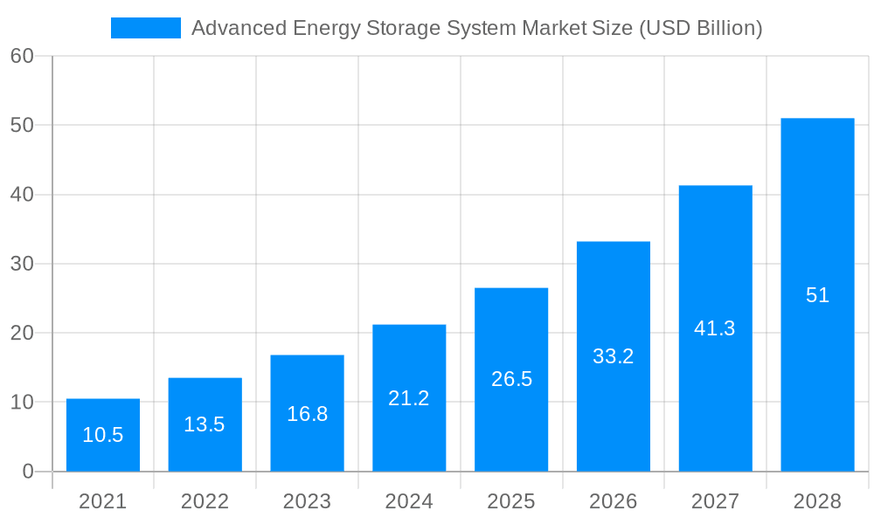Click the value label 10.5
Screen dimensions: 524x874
click(x=103, y=435)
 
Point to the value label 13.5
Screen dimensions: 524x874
click(x=205, y=424)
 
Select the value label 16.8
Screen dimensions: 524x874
click(x=307, y=414)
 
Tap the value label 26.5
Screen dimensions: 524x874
click(x=511, y=379)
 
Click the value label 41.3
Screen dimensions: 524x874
click(x=715, y=328)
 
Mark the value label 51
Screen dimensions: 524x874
click(x=817, y=295)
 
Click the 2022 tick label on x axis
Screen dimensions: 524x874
click(x=205, y=501)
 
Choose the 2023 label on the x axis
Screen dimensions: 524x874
click(x=307, y=501)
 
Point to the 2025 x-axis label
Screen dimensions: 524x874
click(x=511, y=501)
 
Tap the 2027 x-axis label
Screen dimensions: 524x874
click(x=715, y=501)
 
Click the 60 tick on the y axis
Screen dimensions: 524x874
click(x=22, y=56)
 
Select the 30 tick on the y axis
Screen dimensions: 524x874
click(x=22, y=264)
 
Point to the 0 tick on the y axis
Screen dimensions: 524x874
click(x=27, y=472)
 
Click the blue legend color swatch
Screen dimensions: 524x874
click(x=145, y=28)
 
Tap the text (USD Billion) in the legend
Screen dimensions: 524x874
click(x=701, y=28)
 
